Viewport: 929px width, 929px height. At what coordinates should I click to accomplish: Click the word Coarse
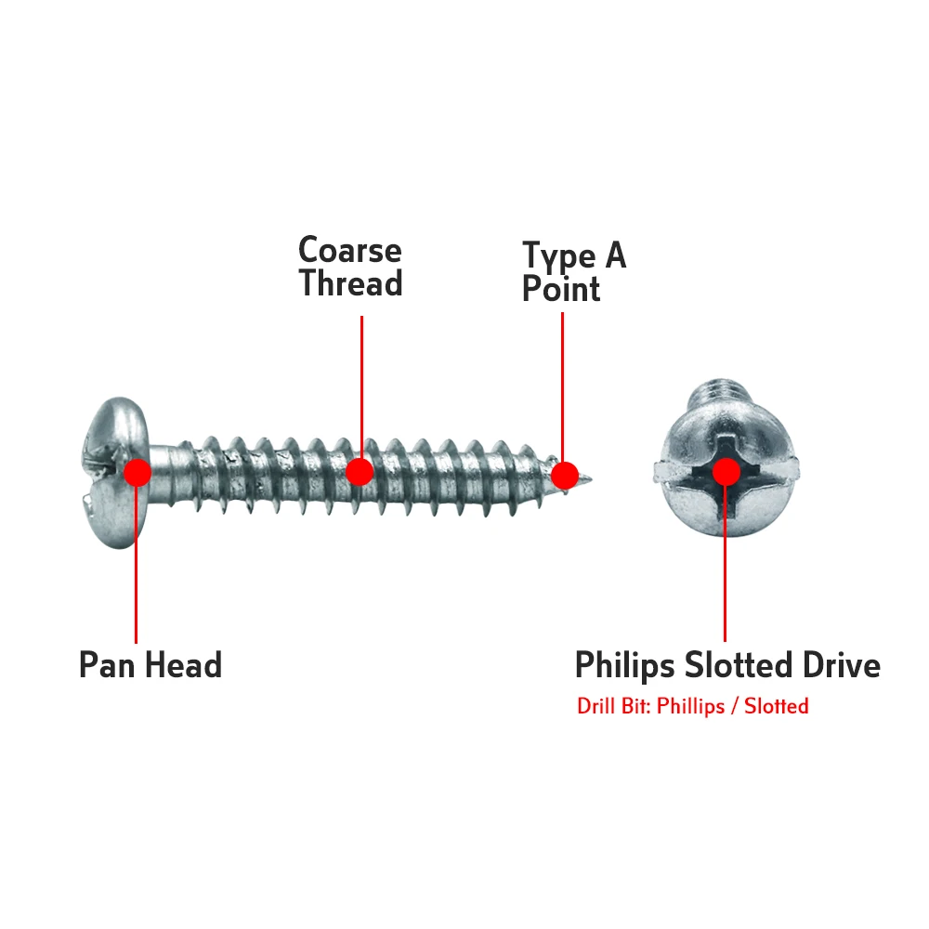pos(349,251)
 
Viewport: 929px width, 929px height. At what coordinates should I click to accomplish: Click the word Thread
pos(350,283)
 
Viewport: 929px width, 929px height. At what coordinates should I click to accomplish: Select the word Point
pos(560,289)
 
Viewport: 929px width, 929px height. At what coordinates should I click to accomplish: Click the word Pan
pos(110,666)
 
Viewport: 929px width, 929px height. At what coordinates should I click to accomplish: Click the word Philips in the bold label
pos(625,666)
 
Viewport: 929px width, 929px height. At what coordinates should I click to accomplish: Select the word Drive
pos(835,666)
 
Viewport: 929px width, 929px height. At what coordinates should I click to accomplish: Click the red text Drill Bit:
pos(614,706)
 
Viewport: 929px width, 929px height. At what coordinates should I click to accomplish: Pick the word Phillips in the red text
pos(690,706)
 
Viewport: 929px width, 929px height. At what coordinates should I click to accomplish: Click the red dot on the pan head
pos(137,472)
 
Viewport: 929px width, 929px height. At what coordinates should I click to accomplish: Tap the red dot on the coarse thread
pos(360,472)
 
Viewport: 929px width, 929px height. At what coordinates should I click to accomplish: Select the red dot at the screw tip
pos(564,476)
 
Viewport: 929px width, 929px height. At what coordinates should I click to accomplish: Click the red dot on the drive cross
pos(725,472)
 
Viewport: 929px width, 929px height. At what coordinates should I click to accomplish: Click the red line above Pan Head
pos(137,567)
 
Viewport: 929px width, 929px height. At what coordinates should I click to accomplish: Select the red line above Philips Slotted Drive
pos(725,567)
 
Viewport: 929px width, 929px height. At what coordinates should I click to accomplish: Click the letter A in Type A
pos(614,256)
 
